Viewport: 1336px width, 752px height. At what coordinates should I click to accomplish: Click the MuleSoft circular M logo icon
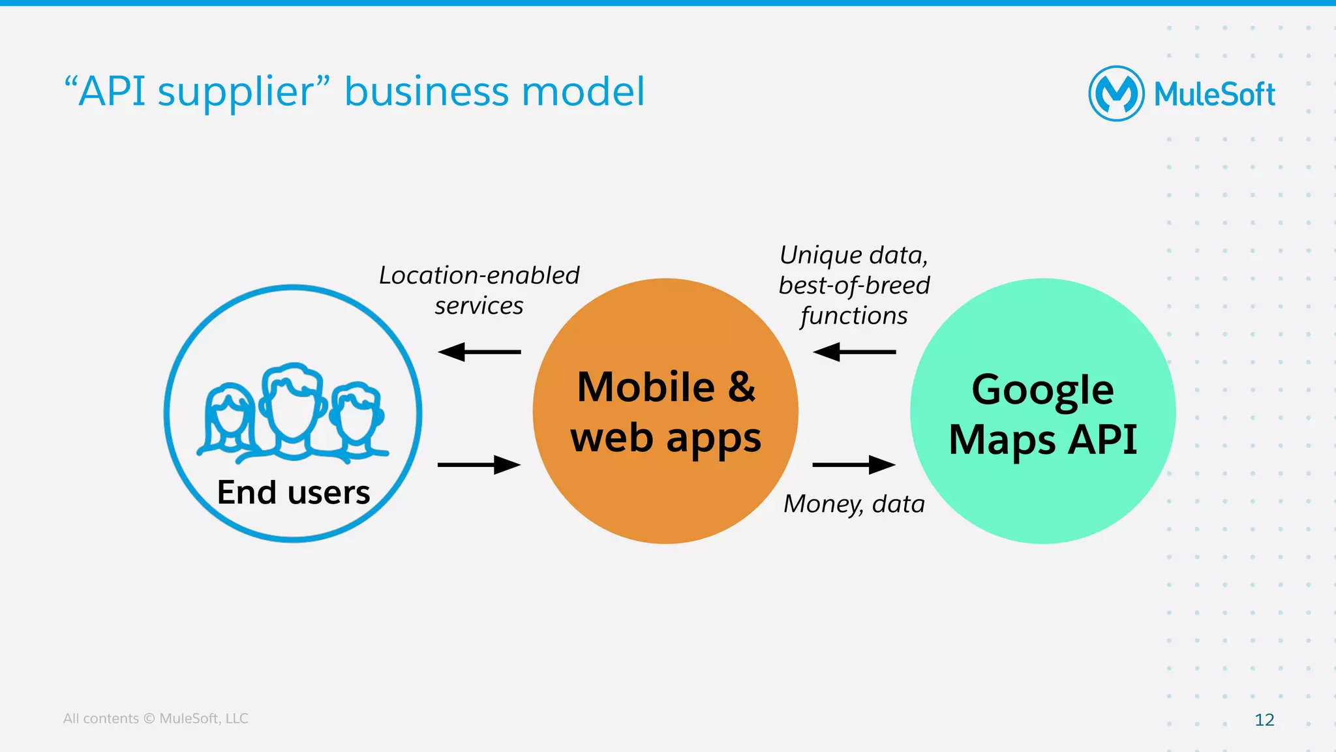click(x=1116, y=93)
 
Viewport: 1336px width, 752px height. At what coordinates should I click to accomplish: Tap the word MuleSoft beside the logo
click(x=1214, y=95)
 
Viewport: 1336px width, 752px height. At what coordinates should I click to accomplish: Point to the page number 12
click(x=1264, y=719)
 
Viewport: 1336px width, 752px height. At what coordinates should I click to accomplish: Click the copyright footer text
click(x=155, y=718)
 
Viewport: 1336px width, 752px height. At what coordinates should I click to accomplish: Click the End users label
click(x=294, y=492)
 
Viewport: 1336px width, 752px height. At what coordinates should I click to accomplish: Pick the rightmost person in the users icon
click(x=356, y=417)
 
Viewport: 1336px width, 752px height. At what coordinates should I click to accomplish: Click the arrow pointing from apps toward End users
click(x=479, y=352)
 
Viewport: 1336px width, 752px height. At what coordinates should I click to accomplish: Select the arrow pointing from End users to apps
click(x=479, y=465)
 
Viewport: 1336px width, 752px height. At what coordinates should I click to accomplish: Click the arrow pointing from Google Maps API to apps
click(x=855, y=352)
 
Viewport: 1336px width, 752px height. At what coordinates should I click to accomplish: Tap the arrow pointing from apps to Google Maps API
click(x=855, y=465)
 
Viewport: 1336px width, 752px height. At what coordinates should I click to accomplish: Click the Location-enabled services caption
click(x=479, y=290)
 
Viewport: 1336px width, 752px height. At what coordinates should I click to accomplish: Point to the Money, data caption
click(x=855, y=504)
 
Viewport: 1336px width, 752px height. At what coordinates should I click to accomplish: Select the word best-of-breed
click(x=855, y=286)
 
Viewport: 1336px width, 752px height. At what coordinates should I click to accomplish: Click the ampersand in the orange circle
click(x=742, y=387)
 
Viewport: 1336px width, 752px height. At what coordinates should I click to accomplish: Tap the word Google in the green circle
click(x=1042, y=390)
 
